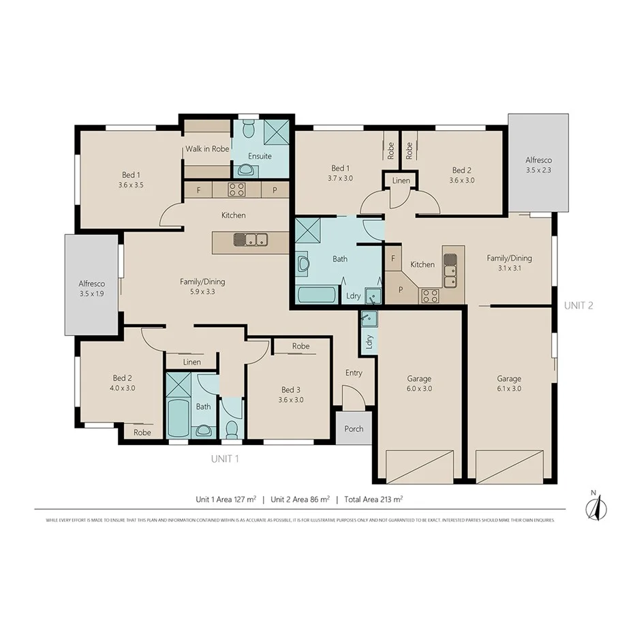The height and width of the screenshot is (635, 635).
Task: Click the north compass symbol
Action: [x=593, y=506]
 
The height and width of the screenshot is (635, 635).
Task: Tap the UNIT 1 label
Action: [x=225, y=459]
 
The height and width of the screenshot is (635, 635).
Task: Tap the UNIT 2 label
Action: [x=578, y=305]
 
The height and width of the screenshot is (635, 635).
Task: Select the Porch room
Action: [x=354, y=429]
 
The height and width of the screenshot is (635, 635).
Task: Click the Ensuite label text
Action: [x=259, y=156]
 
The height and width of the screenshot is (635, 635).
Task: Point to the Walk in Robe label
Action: [x=207, y=149]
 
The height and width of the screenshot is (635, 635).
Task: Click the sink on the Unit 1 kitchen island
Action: [x=251, y=239]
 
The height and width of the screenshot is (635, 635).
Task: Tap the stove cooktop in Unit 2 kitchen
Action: [x=429, y=295]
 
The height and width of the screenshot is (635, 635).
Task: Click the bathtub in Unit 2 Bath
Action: [x=317, y=295]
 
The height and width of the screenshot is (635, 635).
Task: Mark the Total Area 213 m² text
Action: [x=373, y=499]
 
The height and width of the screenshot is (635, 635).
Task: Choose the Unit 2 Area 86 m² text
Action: [x=300, y=499]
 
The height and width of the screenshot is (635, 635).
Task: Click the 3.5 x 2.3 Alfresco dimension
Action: [x=538, y=170]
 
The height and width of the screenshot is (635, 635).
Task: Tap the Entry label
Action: [x=354, y=373]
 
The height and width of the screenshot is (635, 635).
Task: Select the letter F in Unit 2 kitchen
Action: [x=393, y=259]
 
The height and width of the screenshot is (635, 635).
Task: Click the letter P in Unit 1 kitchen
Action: [x=275, y=190]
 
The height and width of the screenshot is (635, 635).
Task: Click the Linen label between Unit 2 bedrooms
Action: [x=401, y=181]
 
